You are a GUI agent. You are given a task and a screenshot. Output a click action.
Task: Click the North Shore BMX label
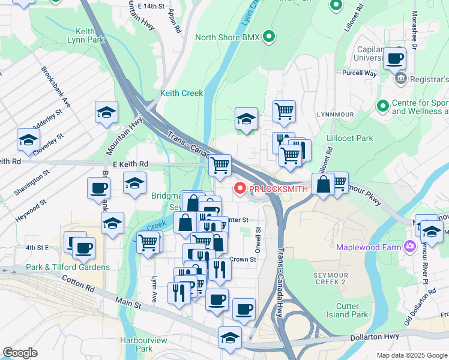pos(227,38)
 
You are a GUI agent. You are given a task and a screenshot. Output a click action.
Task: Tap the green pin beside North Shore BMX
pos(269,37)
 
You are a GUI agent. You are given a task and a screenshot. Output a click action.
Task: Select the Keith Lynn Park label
pos(91,36)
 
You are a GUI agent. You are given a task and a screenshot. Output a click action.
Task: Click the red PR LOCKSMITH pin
pos(240,189)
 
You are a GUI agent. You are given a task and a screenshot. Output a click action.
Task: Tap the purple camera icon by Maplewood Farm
pos(410,246)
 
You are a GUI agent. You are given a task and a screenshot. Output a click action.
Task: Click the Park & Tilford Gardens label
pos(67,267)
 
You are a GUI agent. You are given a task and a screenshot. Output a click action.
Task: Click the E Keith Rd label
pos(130,164)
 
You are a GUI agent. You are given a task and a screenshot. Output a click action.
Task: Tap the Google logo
pos(20,353)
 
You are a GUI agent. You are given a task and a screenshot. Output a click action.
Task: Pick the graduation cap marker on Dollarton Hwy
pos(230,338)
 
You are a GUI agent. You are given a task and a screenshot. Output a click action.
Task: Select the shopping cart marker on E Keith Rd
pos(220,165)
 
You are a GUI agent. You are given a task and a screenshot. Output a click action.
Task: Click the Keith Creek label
pos(181,94)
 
